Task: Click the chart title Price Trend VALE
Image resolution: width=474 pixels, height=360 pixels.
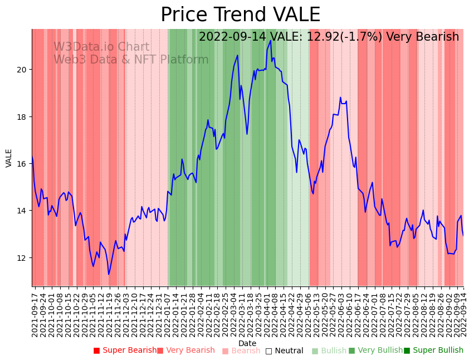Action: pos(240,15)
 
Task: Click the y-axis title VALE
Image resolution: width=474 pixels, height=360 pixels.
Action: pos(9,158)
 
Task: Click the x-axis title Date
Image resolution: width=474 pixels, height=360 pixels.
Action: pos(247,344)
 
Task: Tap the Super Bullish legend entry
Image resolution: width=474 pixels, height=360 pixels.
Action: pos(433,351)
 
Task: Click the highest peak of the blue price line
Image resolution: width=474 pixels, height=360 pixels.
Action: pos(271,40)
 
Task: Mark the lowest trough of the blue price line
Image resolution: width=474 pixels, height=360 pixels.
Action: pos(109,274)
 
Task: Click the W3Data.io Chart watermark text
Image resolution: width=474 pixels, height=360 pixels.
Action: pos(101,47)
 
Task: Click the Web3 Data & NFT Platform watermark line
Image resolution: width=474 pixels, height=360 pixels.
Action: pos(131,60)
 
